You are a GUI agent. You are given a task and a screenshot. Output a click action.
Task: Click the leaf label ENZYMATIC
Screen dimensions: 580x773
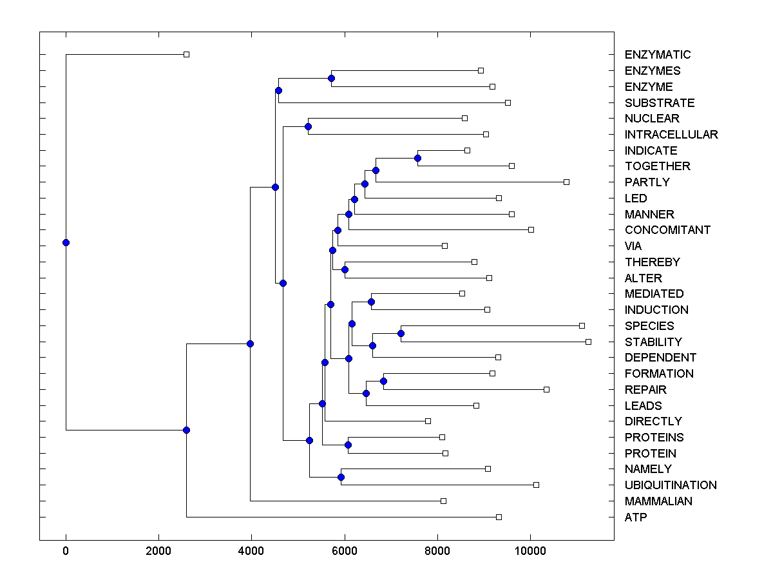coord(657,55)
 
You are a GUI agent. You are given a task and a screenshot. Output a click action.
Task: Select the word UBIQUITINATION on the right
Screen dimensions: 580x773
coord(670,485)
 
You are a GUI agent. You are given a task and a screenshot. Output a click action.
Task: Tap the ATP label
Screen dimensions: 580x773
coord(636,517)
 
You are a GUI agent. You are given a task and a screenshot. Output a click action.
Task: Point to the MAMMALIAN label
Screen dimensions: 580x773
coord(658,501)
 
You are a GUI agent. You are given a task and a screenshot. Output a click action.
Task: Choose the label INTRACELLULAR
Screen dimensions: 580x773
coord(671,135)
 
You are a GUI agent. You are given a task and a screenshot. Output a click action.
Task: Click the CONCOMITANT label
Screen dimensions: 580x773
coord(667,230)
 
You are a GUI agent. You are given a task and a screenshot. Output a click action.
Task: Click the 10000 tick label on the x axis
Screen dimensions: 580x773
coord(530,552)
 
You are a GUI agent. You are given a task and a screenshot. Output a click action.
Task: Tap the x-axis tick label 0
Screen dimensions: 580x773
coord(66,552)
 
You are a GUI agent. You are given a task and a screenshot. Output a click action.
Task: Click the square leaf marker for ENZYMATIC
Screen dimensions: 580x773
coord(186,55)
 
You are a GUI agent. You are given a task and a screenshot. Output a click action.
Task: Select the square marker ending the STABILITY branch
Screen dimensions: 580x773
coord(588,342)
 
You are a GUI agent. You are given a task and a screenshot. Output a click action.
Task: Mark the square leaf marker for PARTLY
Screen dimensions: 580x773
coord(566,182)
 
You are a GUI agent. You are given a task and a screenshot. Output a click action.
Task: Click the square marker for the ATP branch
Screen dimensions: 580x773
coord(499,517)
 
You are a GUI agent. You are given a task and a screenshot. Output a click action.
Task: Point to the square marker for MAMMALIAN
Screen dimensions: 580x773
coord(443,501)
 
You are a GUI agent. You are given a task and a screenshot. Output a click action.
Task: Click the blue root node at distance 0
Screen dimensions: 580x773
coord(66,242)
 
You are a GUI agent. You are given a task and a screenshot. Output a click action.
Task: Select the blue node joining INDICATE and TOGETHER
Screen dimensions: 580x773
coord(417,158)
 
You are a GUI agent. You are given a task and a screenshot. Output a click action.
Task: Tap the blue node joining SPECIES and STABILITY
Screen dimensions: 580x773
coord(401,333)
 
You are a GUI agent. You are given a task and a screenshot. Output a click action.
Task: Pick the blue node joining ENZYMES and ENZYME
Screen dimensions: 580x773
coord(331,78)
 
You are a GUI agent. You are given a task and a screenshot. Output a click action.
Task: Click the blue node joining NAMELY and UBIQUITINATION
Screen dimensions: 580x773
coord(341,477)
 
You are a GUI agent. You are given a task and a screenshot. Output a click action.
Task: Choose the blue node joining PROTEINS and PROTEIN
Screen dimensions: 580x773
coord(348,445)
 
